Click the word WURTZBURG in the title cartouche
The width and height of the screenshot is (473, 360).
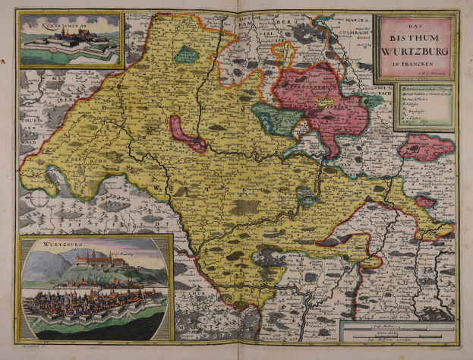416,51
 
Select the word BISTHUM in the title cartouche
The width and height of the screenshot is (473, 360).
416,37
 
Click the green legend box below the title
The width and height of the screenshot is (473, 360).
414,107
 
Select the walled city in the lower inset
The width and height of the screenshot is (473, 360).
91,308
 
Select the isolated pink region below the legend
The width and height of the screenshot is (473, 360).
427,147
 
